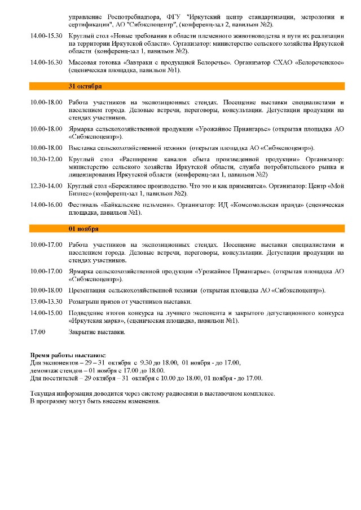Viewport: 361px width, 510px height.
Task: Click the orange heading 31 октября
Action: tap(85, 86)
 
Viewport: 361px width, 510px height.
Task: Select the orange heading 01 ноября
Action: tap(83, 229)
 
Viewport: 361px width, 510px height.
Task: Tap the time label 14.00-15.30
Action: tap(46, 36)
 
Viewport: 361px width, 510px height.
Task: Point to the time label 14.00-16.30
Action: tap(46, 61)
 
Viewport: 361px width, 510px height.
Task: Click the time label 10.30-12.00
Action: tap(46, 159)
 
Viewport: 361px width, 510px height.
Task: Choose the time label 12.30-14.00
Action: tap(46, 185)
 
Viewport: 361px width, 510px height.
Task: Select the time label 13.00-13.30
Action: tap(46, 301)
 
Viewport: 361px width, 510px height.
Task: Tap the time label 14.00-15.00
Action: tap(46, 312)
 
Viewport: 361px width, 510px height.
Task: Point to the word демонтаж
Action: tap(43, 371)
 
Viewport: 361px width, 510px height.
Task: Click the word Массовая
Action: tap(83, 61)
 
